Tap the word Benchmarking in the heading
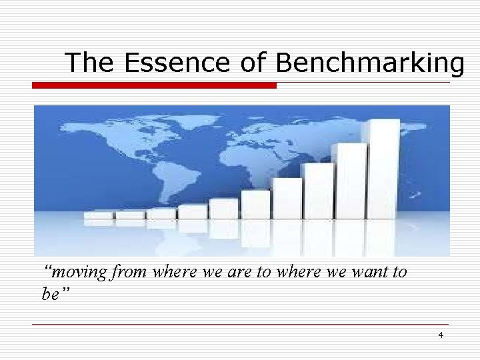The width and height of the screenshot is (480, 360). pos(369,63)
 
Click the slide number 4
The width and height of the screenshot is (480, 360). pos(441,335)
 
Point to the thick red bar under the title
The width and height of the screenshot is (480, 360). pos(155,85)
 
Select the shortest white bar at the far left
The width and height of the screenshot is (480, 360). pos(98,215)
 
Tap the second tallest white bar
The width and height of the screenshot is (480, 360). pos(351,180)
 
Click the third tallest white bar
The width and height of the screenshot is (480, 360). pos(318,190)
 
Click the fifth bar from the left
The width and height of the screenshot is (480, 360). pos(223,209)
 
